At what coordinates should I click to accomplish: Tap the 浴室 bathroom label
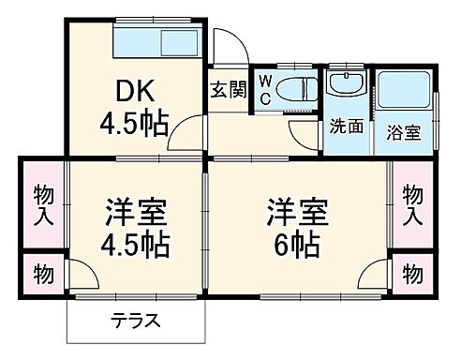[404, 132]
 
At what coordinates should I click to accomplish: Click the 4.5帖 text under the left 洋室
[136, 247]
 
